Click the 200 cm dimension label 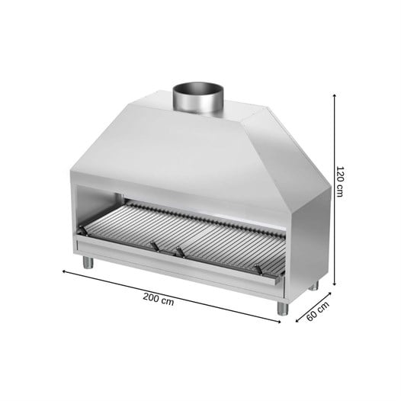(x=159, y=299)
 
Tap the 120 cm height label (x=339, y=181)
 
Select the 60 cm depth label (x=318, y=311)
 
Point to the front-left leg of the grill (x=88, y=262)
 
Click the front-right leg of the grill (x=283, y=308)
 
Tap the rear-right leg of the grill (x=313, y=285)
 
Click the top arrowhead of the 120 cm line (x=334, y=95)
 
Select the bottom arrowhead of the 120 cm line (x=334, y=284)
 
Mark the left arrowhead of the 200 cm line (x=64, y=271)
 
